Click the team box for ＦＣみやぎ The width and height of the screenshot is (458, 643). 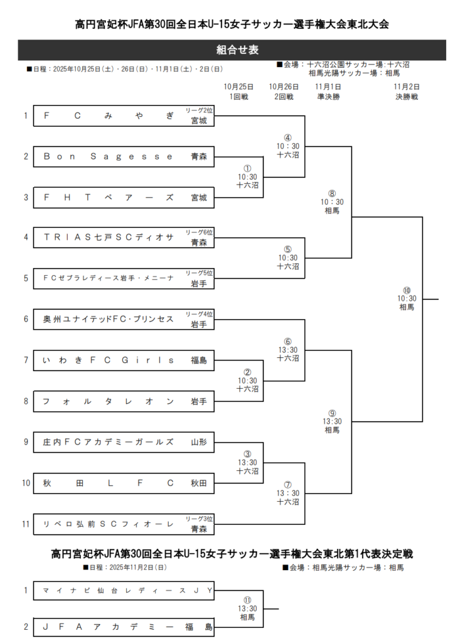coord(123,116)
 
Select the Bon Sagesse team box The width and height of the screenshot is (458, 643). coord(123,156)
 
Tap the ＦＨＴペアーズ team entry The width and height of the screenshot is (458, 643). coord(123,197)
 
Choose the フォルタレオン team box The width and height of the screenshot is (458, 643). coord(123,401)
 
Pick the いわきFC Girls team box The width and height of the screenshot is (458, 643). coord(123,360)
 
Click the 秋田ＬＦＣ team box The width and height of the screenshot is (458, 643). coord(123,483)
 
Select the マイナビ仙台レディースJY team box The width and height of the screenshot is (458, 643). coord(123,590)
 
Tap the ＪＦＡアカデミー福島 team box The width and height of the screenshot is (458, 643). coord(123,626)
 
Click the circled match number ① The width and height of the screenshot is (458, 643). coord(247,169)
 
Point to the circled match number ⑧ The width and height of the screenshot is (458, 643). coord(332,193)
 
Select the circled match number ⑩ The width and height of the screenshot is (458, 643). coord(407,290)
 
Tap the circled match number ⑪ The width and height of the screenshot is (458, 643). coord(247,600)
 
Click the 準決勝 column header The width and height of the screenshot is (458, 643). coord(328,97)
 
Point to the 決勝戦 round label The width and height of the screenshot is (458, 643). coord(407,97)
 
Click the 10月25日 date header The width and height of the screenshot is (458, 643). coord(238,87)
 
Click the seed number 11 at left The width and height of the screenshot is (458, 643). coord(25,524)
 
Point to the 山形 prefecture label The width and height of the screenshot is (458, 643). coord(198,442)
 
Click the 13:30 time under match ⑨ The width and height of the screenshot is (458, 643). coord(332,421)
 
